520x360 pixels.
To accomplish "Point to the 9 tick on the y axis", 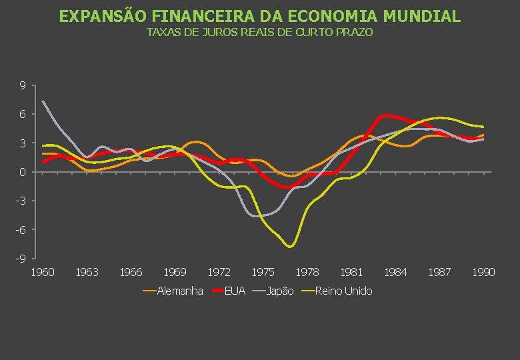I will point(23,86).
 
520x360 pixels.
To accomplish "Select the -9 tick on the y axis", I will point(21,259).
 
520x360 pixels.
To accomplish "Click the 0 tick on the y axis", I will point(23,172).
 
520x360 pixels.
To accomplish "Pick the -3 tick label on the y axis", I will point(21,201).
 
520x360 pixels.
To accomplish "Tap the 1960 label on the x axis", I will point(43,272).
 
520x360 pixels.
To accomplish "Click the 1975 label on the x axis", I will point(263,272).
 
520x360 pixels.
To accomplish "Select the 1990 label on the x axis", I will point(483,272).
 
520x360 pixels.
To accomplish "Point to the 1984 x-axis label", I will point(395,272).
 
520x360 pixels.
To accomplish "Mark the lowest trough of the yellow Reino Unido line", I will point(290,246).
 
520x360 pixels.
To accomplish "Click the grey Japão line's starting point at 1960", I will point(43,101).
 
